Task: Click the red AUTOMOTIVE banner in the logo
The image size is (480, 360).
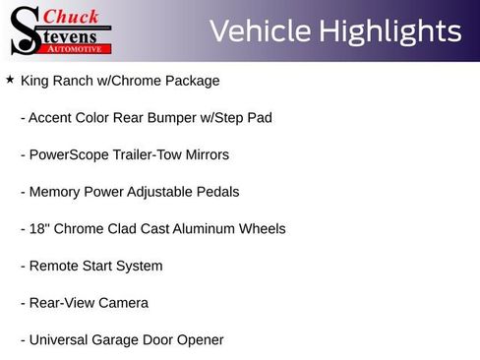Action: pyautogui.click(x=78, y=48)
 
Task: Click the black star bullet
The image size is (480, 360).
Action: pyautogui.click(x=10, y=80)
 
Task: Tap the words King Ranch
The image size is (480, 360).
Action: pyautogui.click(x=56, y=81)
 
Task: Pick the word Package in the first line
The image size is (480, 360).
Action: pyautogui.click(x=193, y=81)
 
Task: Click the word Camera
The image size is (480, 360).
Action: pyautogui.click(x=123, y=303)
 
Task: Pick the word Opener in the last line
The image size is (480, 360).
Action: pyautogui.click(x=200, y=340)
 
